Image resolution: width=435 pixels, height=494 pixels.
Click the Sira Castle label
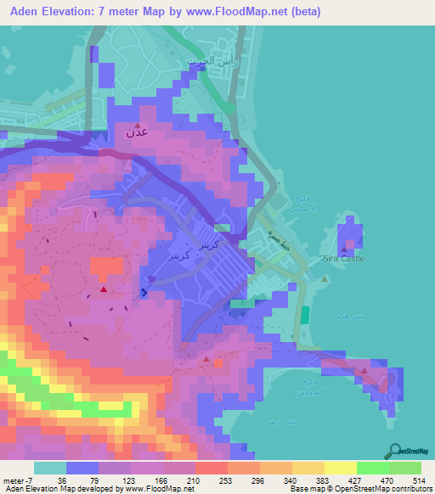pyautogui.click(x=344, y=258)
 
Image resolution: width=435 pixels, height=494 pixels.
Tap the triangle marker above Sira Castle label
pyautogui.click(x=344, y=250)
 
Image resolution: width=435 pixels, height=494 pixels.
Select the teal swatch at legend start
pyautogui.click(x=50, y=468)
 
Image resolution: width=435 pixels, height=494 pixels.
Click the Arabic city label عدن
pyautogui.click(x=136, y=132)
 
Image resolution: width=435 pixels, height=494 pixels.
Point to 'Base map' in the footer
pyautogui.click(x=306, y=489)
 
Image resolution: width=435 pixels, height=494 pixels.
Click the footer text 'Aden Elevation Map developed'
pyautogui.click(x=59, y=489)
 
